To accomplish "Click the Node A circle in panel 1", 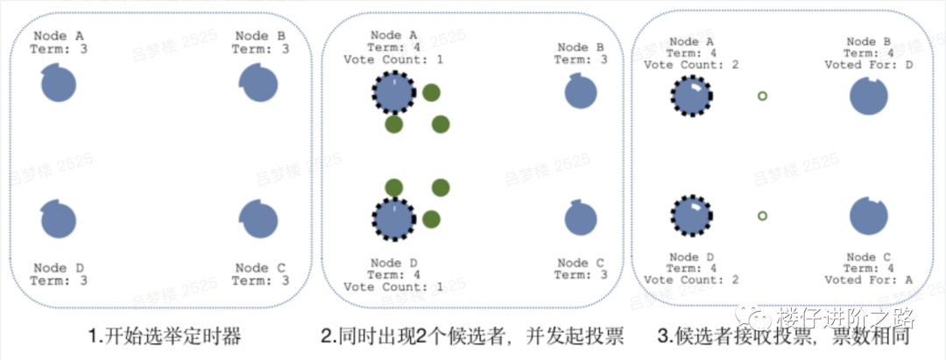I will pos(59,85).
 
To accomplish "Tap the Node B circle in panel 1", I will pos(258,85).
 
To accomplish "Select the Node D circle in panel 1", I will pos(59,219).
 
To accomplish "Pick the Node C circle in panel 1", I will pos(258,219).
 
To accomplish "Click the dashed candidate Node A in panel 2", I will pos(393,93).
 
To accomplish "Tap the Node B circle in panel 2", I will pos(581,93).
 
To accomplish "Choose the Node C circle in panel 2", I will pos(581,219).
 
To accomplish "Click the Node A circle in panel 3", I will pos(691,95).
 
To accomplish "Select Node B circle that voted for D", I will pos(869,95).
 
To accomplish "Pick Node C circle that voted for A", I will pos(869,216).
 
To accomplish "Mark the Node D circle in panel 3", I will pos(691,216).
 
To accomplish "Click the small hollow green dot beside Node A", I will pos(762,96).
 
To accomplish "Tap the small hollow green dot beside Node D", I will pos(762,215).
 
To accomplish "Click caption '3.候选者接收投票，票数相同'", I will pos(787,336).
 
